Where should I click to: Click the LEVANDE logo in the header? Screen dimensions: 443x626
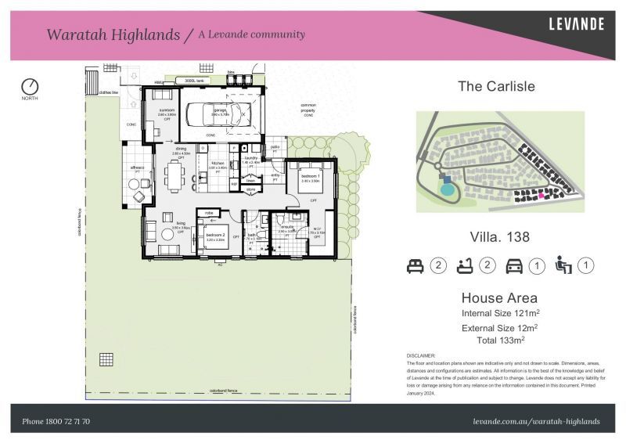[575, 24]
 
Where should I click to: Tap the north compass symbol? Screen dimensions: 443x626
[30, 85]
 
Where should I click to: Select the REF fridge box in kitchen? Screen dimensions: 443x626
[233, 183]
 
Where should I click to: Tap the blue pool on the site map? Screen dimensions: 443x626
[447, 189]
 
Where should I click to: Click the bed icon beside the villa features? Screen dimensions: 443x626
[415, 266]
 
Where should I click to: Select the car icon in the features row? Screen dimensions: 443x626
[514, 266]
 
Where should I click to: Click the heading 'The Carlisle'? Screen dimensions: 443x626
[496, 86]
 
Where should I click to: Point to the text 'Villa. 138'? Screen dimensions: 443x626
[500, 236]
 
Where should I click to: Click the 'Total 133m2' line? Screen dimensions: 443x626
[500, 340]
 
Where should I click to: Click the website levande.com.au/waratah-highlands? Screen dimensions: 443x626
[537, 421]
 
